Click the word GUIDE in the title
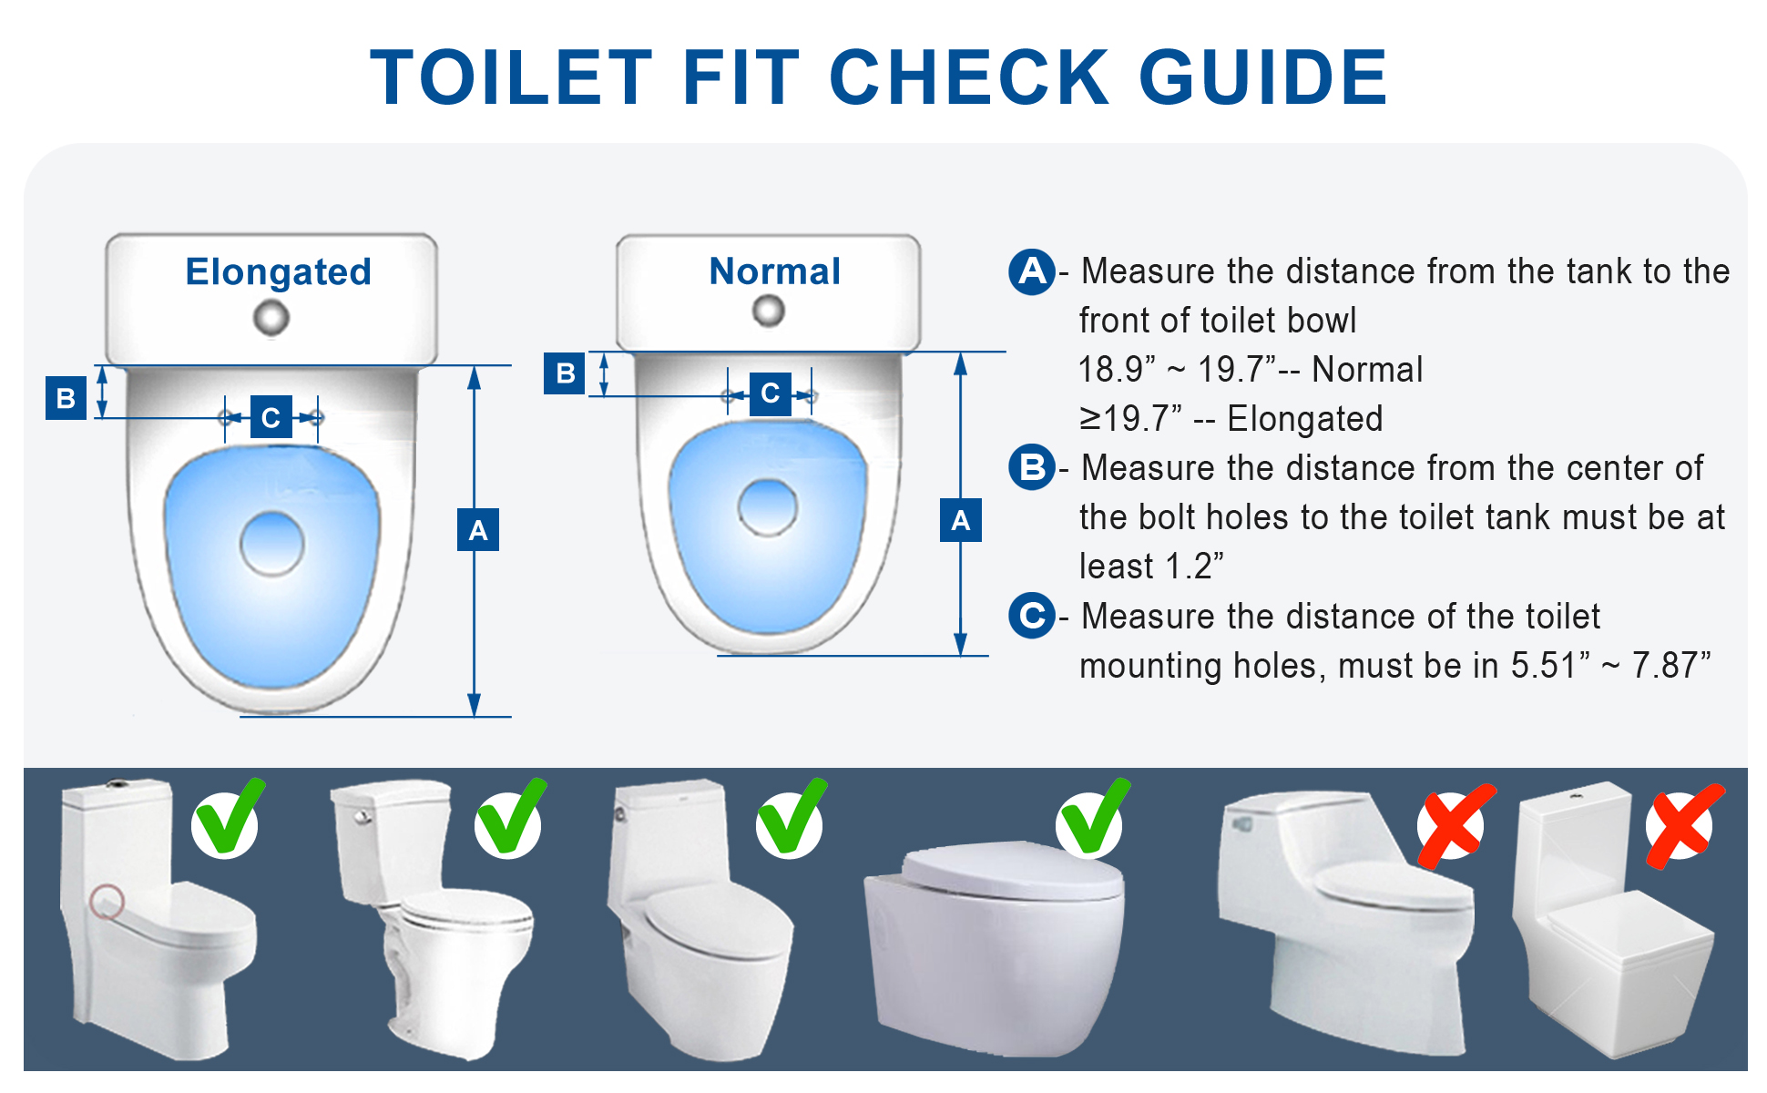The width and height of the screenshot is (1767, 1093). tap(1262, 78)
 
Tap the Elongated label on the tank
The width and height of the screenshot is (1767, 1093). tap(278, 271)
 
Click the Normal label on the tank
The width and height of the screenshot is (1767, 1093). tap(774, 271)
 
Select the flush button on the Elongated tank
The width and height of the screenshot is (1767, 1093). tap(271, 318)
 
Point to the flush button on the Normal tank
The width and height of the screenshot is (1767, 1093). tap(768, 311)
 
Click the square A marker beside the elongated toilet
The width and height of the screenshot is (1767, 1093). tap(477, 530)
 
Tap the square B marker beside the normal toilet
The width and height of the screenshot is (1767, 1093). tap(565, 373)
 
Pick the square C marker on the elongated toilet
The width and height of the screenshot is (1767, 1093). tap(271, 417)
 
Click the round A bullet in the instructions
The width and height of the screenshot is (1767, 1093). tap(1031, 271)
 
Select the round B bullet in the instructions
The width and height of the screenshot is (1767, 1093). tap(1031, 467)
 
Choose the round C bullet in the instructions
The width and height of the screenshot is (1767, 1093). tap(1031, 616)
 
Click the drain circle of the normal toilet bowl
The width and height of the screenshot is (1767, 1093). tap(767, 506)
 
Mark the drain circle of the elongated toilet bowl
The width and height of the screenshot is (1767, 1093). tap(271, 544)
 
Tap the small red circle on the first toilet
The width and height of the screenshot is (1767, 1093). tap(107, 901)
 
